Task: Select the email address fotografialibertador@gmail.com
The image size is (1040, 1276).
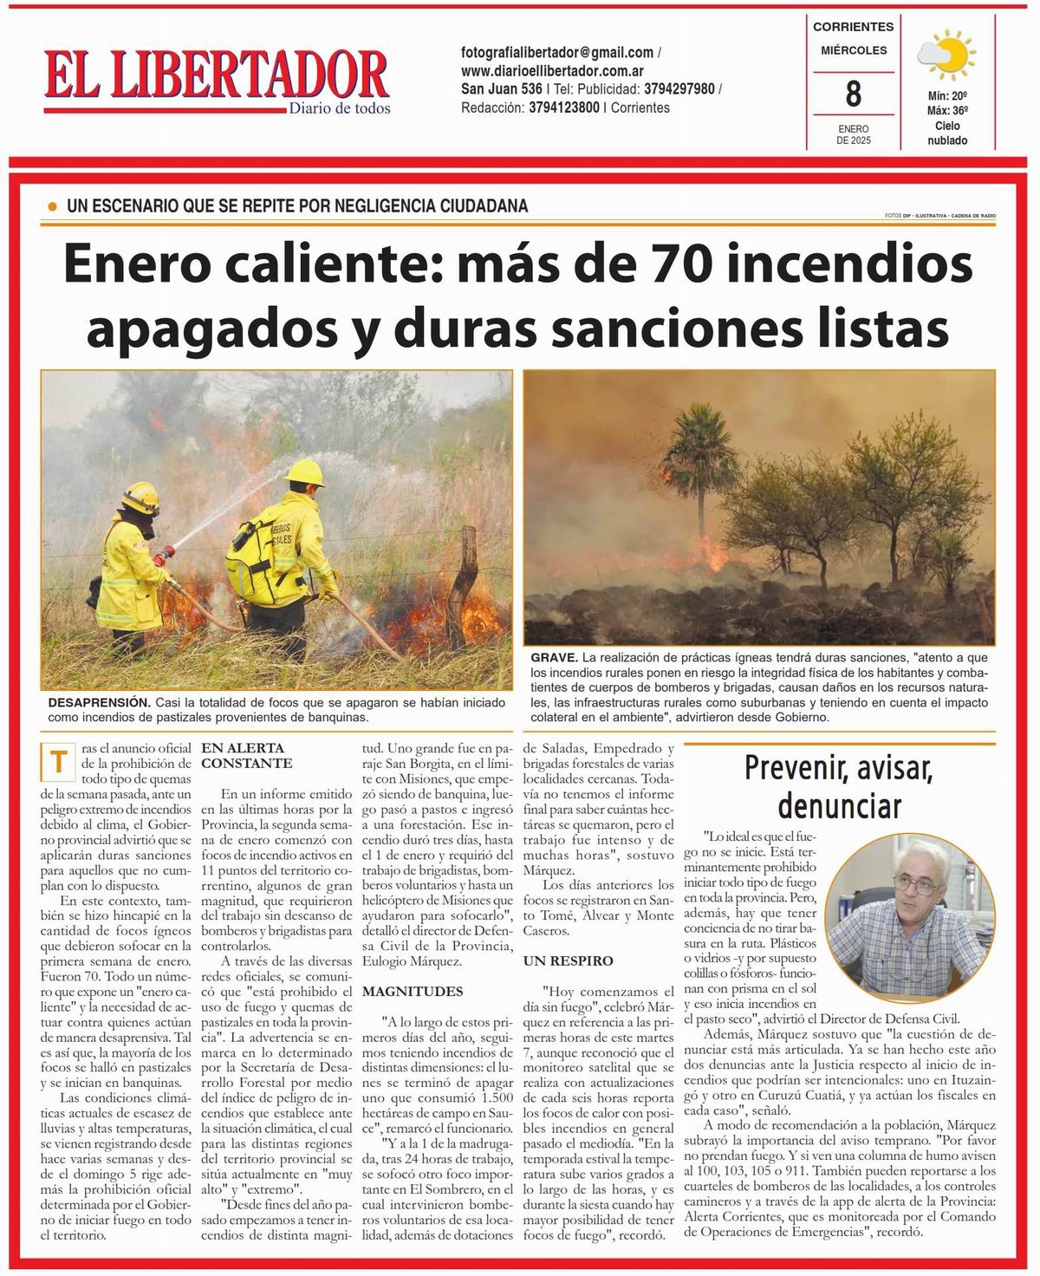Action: pyautogui.click(x=557, y=53)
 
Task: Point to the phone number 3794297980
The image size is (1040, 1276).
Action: pyautogui.click(x=679, y=89)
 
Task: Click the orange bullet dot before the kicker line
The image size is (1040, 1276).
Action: pyautogui.click(x=52, y=206)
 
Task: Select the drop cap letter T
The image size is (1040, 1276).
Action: pyautogui.click(x=59, y=762)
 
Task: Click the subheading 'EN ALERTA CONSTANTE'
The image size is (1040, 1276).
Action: pyautogui.click(x=246, y=756)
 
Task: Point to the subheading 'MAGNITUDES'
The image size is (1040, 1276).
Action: pyautogui.click(x=413, y=991)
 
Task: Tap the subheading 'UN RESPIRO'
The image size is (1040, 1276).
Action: pyautogui.click(x=568, y=960)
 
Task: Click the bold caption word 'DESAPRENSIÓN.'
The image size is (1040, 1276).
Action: pyautogui.click(x=100, y=702)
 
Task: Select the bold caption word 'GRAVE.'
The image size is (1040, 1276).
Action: pyautogui.click(x=554, y=659)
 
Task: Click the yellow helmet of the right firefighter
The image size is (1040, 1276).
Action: pyautogui.click(x=304, y=472)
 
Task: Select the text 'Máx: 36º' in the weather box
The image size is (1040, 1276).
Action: pyautogui.click(x=946, y=111)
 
